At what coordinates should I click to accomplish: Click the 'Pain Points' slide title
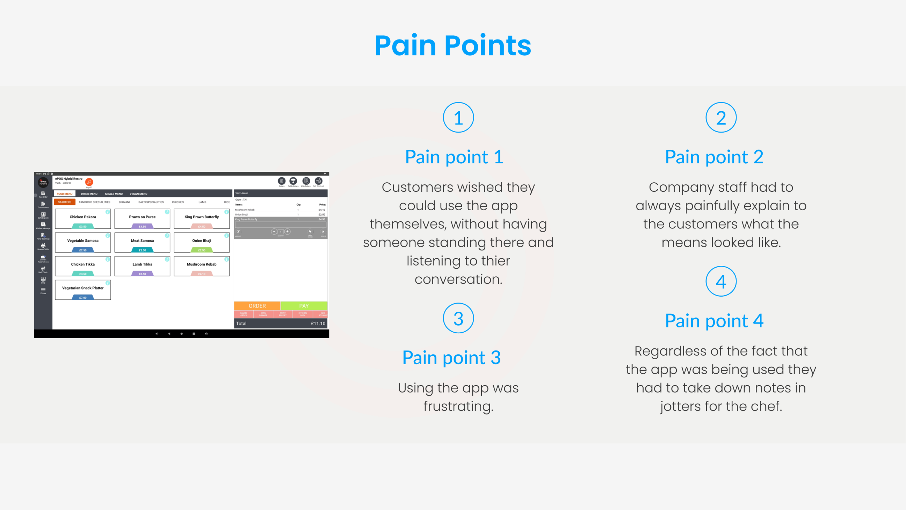click(x=452, y=46)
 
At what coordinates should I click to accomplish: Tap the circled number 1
click(x=458, y=118)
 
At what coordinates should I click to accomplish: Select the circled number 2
click(x=721, y=118)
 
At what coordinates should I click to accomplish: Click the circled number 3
click(x=458, y=318)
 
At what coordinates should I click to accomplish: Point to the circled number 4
click(x=721, y=282)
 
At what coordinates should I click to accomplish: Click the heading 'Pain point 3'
click(x=451, y=358)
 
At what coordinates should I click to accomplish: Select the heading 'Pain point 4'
click(x=714, y=321)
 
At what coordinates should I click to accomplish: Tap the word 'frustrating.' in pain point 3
click(x=458, y=406)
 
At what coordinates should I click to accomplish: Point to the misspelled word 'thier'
click(x=491, y=261)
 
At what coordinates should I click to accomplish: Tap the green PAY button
click(x=304, y=306)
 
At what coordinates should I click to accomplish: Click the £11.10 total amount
click(x=318, y=323)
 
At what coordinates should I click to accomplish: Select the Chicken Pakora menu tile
click(x=83, y=219)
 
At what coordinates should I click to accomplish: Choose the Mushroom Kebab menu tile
click(x=202, y=266)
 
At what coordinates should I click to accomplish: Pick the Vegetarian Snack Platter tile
click(x=83, y=290)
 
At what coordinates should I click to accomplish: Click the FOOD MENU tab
click(x=64, y=194)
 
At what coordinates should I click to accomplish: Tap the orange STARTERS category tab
click(x=64, y=202)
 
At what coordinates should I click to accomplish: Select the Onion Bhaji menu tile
click(x=202, y=243)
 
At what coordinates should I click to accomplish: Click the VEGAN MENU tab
click(x=138, y=194)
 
